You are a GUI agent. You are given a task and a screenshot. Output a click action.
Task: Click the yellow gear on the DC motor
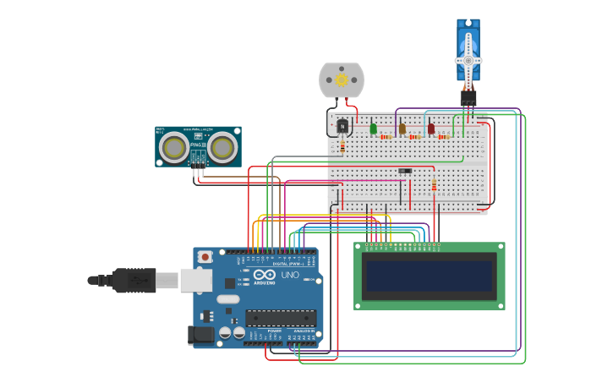342,80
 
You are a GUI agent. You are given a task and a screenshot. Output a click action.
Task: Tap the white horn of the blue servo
468,60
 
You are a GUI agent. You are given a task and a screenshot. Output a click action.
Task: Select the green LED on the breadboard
373,129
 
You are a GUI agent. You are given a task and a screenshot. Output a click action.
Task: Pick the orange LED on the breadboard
402,129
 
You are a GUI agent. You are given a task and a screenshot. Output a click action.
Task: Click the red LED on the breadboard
430,129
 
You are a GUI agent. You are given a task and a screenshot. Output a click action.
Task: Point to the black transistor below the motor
342,126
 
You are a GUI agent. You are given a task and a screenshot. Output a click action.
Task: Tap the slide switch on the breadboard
405,171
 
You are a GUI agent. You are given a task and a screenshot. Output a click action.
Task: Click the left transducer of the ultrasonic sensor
174,148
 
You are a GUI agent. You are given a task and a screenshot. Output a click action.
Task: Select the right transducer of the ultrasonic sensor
222,148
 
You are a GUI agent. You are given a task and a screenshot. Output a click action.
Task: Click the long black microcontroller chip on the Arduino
280,319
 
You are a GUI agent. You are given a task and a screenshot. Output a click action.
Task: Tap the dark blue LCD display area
428,275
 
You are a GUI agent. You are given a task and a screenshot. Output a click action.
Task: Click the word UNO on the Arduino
290,276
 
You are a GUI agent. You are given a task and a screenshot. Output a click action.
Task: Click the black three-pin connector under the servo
468,98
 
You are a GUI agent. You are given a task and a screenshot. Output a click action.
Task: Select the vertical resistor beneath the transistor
342,146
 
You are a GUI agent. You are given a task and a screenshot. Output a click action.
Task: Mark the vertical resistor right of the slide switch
434,185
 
